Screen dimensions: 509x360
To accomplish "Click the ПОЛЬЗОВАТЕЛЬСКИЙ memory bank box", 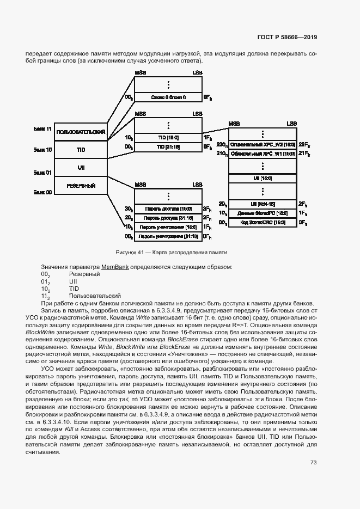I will (x=80, y=132).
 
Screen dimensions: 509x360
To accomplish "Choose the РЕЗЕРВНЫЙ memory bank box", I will (x=80, y=186).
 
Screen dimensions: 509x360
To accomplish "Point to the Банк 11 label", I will (x=42, y=129).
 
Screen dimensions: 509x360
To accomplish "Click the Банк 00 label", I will (x=42, y=192).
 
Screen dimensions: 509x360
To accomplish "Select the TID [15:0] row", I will (x=168, y=138).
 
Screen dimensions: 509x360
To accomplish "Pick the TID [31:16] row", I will (x=168, y=147).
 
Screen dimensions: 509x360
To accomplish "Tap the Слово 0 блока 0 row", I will (x=168, y=97).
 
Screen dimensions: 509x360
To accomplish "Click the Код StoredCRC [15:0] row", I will (x=263, y=223).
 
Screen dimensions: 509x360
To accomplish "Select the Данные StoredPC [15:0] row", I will (x=263, y=213).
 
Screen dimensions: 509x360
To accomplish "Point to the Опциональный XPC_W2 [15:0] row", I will (x=263, y=145).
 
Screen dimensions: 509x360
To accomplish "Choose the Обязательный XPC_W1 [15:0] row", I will (x=263, y=154).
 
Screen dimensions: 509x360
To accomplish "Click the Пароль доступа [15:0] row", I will (x=168, y=208).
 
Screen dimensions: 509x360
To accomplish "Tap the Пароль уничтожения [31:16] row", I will (x=168, y=236).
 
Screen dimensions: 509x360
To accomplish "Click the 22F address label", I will (x=304, y=145).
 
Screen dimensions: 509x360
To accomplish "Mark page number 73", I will (x=313, y=463).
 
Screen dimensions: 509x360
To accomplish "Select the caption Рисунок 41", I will (x=171, y=253).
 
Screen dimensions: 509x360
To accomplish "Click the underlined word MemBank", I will (x=114, y=267).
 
